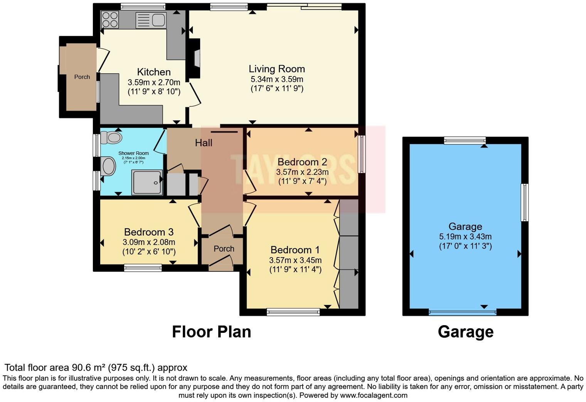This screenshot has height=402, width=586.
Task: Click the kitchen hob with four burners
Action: pos(109,19)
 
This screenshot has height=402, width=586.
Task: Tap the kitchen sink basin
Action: pos(158,20)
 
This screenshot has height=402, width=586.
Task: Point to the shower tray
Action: pos(147,182)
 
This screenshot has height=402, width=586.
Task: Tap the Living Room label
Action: pos(276,69)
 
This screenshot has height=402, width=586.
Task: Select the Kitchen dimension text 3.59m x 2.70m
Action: pos(154,82)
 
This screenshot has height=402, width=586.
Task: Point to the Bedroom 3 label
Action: pos(148,232)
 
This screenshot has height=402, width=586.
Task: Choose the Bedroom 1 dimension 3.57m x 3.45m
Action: pos(295,260)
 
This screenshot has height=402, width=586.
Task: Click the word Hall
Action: pos(204,143)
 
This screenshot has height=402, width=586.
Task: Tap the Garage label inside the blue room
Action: pos(465,227)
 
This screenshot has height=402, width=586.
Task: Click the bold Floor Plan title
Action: pos(211,332)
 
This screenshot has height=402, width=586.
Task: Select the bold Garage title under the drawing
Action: pos(465,332)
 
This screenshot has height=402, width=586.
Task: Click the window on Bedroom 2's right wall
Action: pos(362,154)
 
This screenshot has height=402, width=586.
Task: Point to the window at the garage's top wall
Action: pos(465,140)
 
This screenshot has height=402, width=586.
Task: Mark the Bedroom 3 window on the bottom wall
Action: pos(143,268)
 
